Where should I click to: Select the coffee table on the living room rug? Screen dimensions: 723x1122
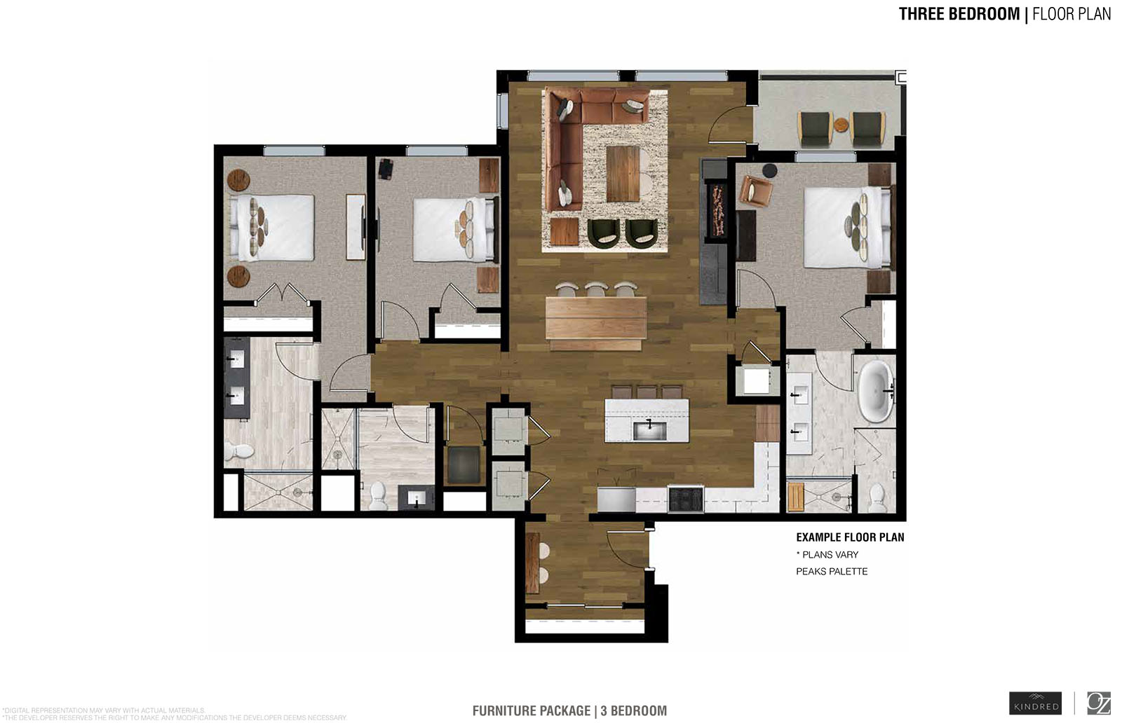pyautogui.click(x=623, y=172)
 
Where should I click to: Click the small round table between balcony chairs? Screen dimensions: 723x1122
pyautogui.click(x=841, y=126)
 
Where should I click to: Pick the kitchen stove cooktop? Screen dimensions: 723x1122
pyautogui.click(x=685, y=500)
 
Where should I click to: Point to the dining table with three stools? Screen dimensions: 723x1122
pyautogui.click(x=596, y=322)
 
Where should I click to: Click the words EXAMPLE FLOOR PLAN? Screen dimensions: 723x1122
pyautogui.click(x=850, y=537)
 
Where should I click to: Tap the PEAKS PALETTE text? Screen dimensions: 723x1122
pyautogui.click(x=832, y=572)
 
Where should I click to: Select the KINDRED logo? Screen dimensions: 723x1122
pyautogui.click(x=1035, y=703)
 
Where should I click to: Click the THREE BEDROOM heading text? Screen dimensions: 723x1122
pyautogui.click(x=959, y=14)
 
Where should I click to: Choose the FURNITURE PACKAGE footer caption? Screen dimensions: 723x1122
pyautogui.click(x=569, y=711)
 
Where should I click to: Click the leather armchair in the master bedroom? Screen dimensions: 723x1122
pyautogui.click(x=755, y=191)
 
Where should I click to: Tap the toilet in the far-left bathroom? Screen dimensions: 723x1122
pyautogui.click(x=238, y=451)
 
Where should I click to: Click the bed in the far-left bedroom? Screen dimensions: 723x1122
pyautogui.click(x=272, y=228)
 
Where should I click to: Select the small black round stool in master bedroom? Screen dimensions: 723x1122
pyautogui.click(x=769, y=170)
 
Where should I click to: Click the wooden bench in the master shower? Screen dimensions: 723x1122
pyautogui.click(x=795, y=497)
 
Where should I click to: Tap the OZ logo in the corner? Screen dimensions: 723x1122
pyautogui.click(x=1098, y=703)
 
